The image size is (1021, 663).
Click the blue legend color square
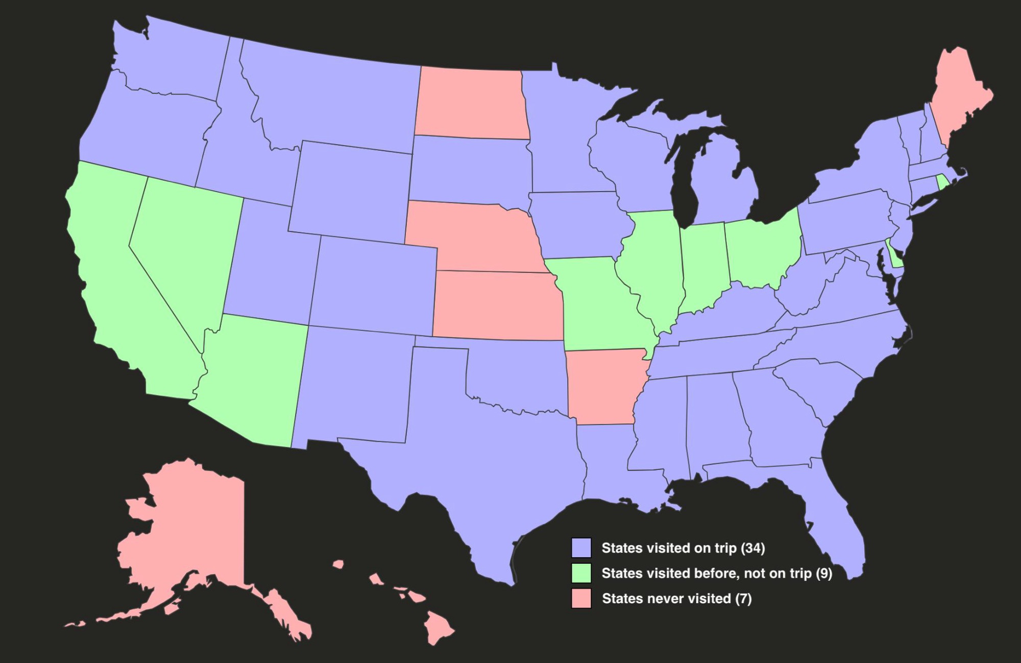click(581, 548)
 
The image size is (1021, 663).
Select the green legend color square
click(581, 573)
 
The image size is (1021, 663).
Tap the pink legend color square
click(581, 598)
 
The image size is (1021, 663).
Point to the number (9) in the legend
click(823, 574)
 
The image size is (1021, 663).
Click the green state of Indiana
click(703, 266)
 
